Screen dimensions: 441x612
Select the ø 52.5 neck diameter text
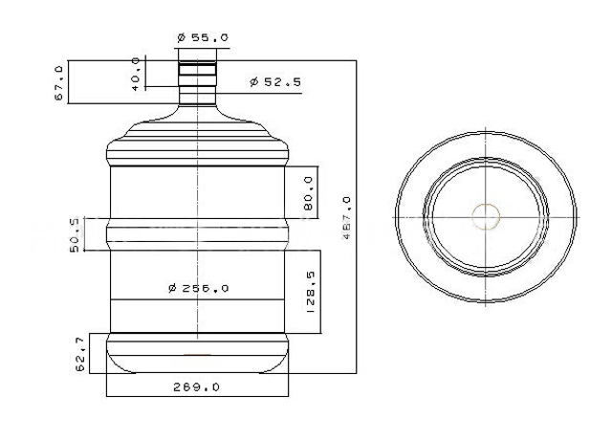(x=275, y=83)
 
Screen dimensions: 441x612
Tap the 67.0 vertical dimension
(x=58, y=83)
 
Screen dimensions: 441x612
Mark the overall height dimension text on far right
(x=347, y=218)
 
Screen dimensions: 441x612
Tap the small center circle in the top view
(x=487, y=216)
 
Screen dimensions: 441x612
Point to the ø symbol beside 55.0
(x=181, y=37)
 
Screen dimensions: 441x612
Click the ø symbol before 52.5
(x=254, y=83)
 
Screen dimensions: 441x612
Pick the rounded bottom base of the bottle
(x=197, y=359)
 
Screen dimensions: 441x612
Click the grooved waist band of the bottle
(x=197, y=234)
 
